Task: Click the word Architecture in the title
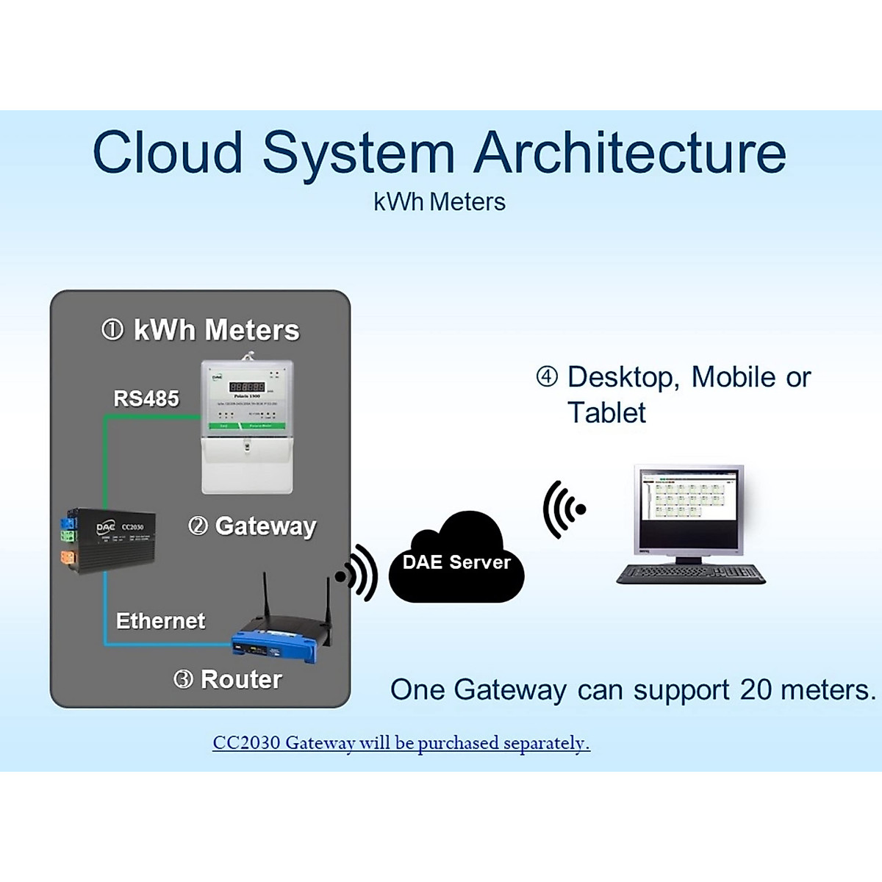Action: click(630, 153)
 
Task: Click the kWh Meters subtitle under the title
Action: click(440, 202)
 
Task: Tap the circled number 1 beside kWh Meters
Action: click(112, 329)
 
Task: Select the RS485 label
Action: click(146, 398)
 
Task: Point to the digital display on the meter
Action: click(247, 386)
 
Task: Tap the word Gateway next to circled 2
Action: click(266, 526)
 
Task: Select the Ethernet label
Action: click(160, 621)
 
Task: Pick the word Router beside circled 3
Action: click(241, 679)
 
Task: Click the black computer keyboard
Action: click(690, 573)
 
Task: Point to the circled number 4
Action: click(547, 377)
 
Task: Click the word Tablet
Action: click(606, 413)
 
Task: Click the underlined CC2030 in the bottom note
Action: click(246, 742)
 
